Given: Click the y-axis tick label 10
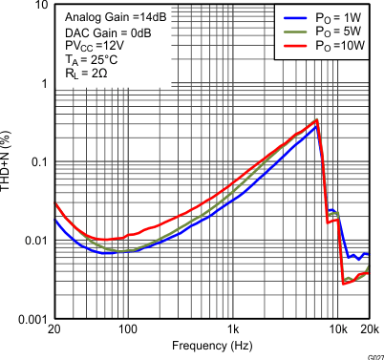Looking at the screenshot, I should point(39,6).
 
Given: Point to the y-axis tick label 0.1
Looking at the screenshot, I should point(37,161).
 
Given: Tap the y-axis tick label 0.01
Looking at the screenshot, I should point(34,240).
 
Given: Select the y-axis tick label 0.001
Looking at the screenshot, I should point(32,318).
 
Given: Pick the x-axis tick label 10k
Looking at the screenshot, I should point(338,329).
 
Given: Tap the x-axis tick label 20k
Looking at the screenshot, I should point(370,329).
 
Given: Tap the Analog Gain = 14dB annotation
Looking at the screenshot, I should point(108,17).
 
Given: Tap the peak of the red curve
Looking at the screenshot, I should point(316,120).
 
